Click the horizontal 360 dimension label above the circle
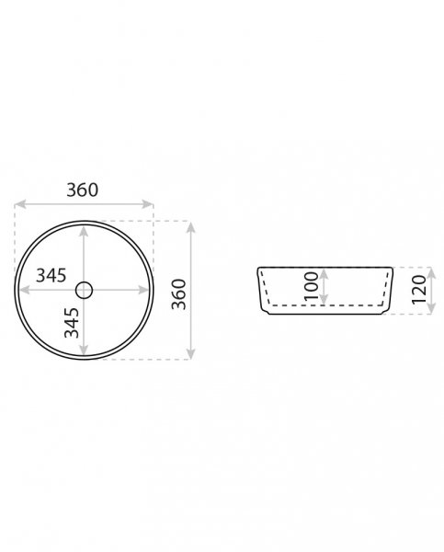[x=83, y=190]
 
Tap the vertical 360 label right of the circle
[x=178, y=294]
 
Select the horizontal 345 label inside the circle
[x=51, y=275]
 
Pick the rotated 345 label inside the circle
[x=72, y=323]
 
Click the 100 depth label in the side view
[x=312, y=285]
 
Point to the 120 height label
[x=419, y=290]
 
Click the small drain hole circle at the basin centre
[x=84, y=291]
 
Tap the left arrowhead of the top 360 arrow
[x=20, y=204]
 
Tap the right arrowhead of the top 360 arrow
[x=147, y=204]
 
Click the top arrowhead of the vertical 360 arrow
[x=191, y=227]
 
